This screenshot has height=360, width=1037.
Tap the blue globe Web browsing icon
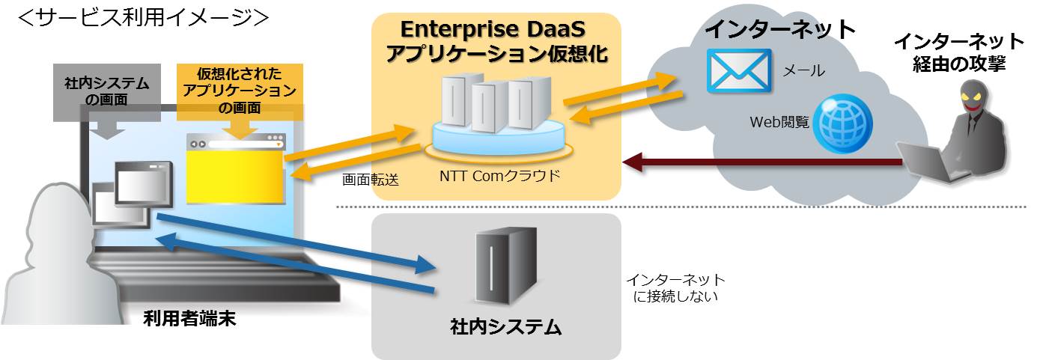click(843, 123)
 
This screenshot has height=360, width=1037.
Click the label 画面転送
click(371, 180)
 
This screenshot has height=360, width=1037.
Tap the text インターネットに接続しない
click(675, 288)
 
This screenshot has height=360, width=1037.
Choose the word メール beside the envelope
click(803, 71)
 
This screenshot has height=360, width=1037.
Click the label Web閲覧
click(779, 121)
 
